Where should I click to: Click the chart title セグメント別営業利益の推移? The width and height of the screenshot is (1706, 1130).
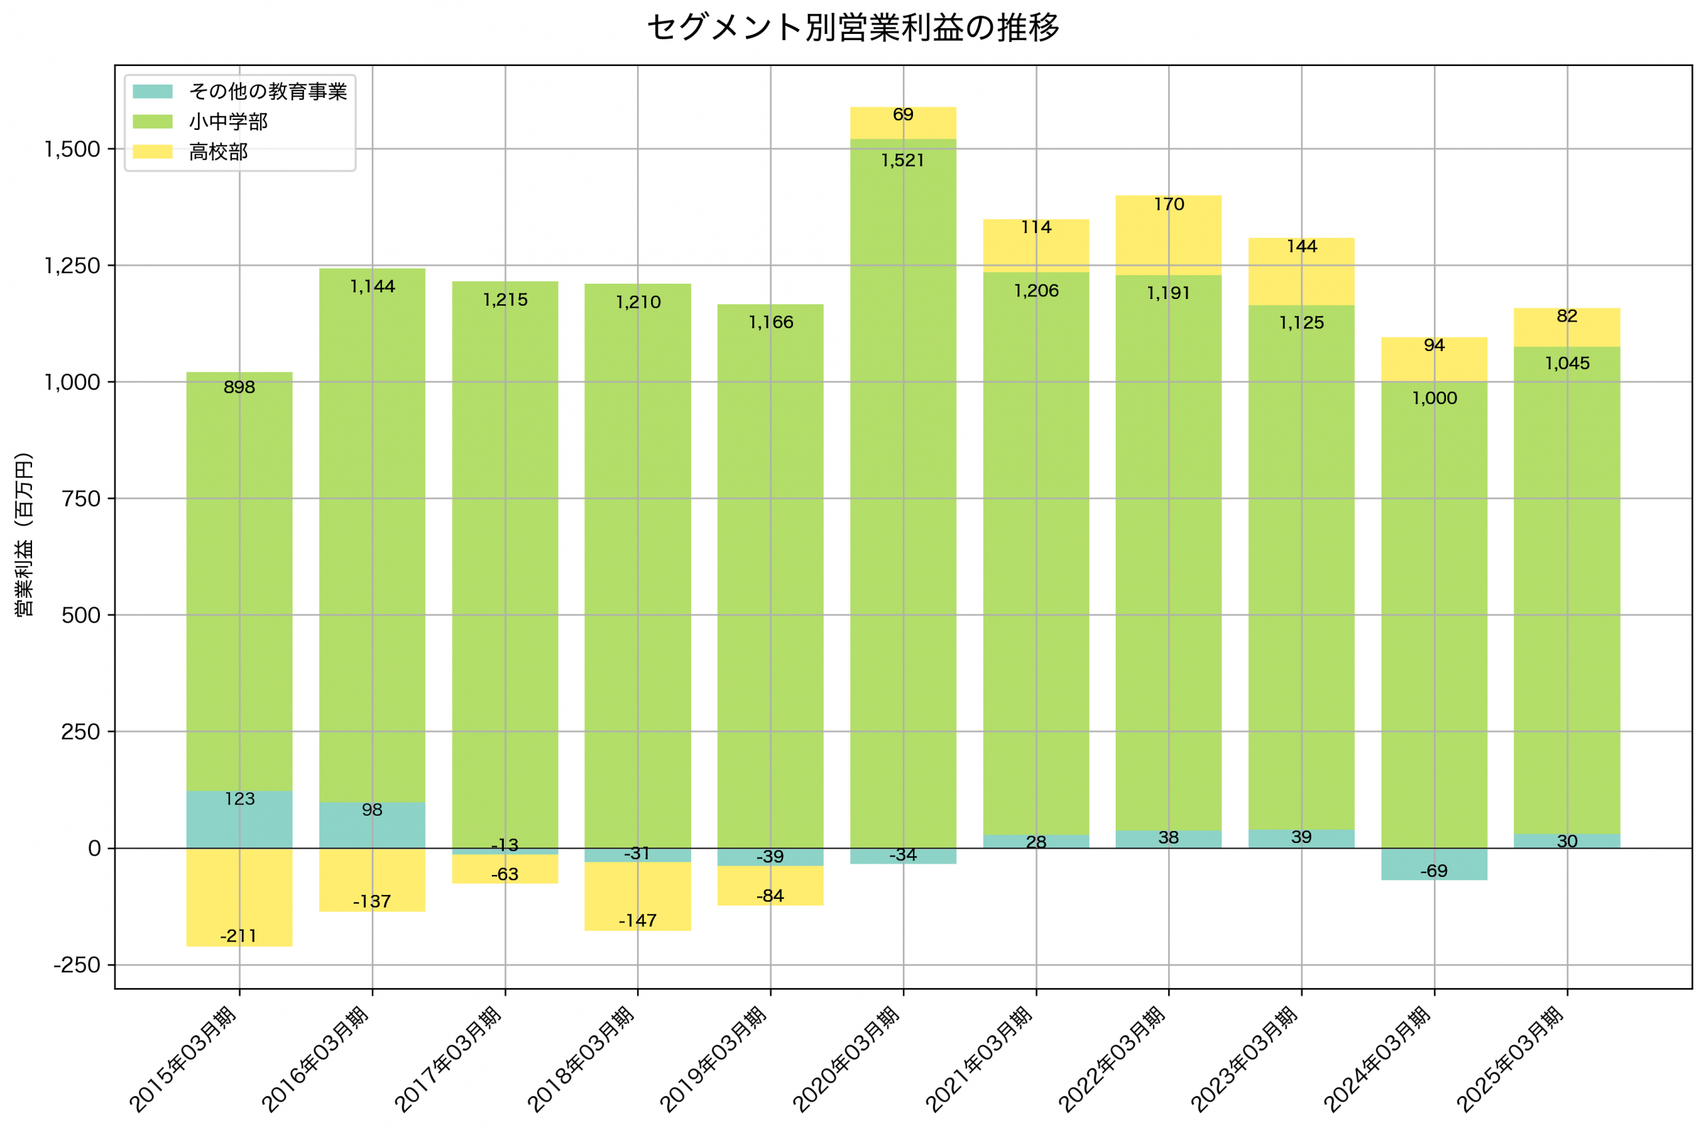click(853, 28)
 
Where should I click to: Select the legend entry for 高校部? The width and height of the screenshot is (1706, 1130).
click(218, 152)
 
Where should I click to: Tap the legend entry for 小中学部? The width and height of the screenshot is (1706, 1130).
click(228, 122)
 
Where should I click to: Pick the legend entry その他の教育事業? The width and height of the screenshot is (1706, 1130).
click(267, 91)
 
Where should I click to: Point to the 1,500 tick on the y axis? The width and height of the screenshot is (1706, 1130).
click(72, 149)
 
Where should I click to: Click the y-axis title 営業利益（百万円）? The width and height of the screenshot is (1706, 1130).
click(24, 535)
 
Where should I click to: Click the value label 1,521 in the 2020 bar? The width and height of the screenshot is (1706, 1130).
click(903, 160)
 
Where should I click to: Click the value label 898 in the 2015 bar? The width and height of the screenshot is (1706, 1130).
click(239, 388)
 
